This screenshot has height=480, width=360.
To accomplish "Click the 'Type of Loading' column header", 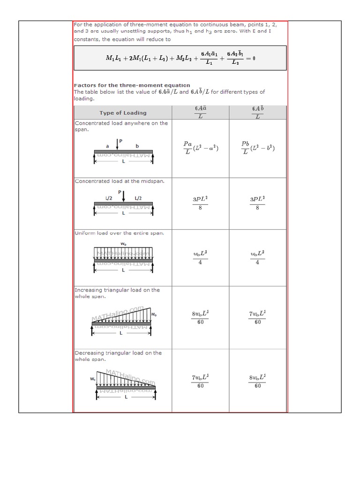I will (123, 113).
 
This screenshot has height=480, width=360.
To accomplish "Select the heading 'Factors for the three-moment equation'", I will (132, 85).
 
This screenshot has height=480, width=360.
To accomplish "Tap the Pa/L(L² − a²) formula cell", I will (200, 148).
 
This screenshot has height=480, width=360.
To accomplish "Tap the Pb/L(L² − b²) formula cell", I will (257, 148).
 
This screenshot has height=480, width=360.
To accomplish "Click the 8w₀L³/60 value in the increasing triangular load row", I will (200, 318).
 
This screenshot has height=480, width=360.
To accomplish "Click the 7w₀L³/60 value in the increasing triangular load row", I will (257, 318).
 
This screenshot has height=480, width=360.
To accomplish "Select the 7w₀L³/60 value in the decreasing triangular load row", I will (200, 381).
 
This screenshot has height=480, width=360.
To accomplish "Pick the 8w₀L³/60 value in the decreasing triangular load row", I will (257, 381).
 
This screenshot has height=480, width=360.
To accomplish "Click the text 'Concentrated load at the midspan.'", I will (120, 181).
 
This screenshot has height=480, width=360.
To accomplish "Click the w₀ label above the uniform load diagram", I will (123, 243).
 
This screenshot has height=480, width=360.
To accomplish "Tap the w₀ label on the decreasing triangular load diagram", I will (93, 379).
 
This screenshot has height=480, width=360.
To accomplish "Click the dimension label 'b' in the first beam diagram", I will (137, 146).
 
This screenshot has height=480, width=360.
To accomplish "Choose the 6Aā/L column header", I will (200, 112).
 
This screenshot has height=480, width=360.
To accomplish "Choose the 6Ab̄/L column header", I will (257, 112).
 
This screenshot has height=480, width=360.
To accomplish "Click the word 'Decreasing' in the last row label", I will (90, 353).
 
